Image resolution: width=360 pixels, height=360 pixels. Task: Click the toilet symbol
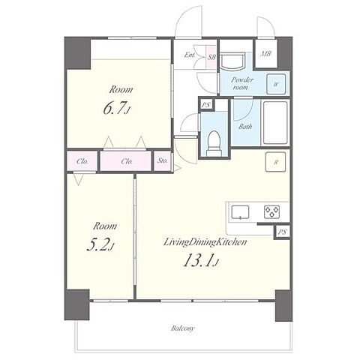[x=214, y=143]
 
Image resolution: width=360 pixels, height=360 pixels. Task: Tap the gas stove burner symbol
[x=271, y=212]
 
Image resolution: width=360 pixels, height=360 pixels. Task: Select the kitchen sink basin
[x=240, y=212]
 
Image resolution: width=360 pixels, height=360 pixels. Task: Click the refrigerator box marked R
[x=275, y=162]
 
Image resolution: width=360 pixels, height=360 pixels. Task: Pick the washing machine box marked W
[x=276, y=84]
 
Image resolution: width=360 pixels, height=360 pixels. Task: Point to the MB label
[x=265, y=54]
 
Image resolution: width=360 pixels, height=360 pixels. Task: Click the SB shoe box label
[x=211, y=57]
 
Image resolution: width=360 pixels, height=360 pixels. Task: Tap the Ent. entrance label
[x=190, y=55]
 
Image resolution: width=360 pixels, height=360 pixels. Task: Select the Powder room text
[x=241, y=83]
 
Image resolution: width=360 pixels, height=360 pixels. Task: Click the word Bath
[x=245, y=127]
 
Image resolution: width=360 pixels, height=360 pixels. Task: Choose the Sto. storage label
[x=163, y=160]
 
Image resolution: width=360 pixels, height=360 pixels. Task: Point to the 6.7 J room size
[x=117, y=108]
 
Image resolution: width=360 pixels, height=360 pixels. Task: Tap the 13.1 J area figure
[x=201, y=260]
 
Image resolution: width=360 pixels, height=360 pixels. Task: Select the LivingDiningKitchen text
[x=205, y=242]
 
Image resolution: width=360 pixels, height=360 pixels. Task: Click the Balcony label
[x=183, y=328]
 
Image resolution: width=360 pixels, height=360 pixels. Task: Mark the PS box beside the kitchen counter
[x=282, y=232]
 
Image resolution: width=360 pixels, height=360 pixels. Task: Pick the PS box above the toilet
[x=206, y=105]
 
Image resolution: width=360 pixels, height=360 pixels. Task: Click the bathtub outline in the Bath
[x=275, y=122]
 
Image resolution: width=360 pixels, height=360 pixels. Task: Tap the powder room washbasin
[x=232, y=61]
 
